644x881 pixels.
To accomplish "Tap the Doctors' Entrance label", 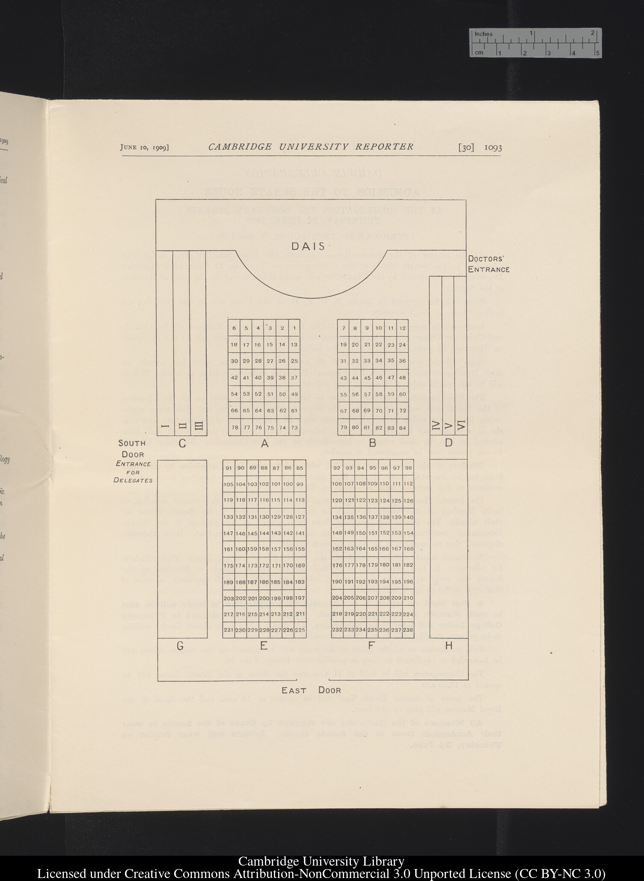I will [x=488, y=264].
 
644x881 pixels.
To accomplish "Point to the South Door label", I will [x=132, y=449].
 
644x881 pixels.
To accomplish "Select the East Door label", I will [x=311, y=690].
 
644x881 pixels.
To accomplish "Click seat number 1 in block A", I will [x=294, y=328].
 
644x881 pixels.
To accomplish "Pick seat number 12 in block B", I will [x=402, y=328].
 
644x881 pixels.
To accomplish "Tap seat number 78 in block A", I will [x=234, y=427].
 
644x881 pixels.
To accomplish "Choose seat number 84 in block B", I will [x=402, y=427].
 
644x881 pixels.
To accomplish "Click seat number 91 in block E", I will [x=229, y=468].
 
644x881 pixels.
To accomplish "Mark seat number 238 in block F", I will [x=408, y=630].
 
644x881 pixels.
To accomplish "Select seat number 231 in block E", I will [x=229, y=630].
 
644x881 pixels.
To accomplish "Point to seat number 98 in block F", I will [x=408, y=468].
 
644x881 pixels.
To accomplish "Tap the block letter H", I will [x=448, y=646].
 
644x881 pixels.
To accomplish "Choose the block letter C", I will [x=182, y=443].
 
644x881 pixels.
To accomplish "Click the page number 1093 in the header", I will [x=493, y=148].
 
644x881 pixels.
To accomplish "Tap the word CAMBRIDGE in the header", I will [x=240, y=147].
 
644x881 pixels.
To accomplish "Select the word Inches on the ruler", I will [x=484, y=34].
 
